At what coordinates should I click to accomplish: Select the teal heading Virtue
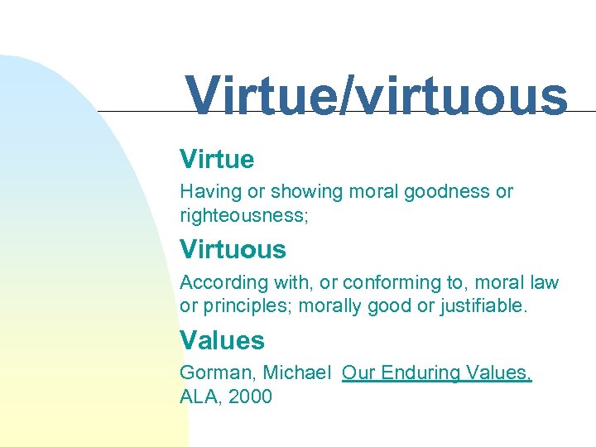(x=217, y=159)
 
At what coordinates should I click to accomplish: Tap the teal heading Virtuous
(x=233, y=249)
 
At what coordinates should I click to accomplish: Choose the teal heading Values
(x=222, y=340)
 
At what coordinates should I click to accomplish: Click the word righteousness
(x=233, y=216)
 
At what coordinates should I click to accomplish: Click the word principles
(x=247, y=306)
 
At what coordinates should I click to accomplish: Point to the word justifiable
(x=483, y=306)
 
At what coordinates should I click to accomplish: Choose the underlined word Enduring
(x=419, y=373)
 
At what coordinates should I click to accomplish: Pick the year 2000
(x=250, y=397)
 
